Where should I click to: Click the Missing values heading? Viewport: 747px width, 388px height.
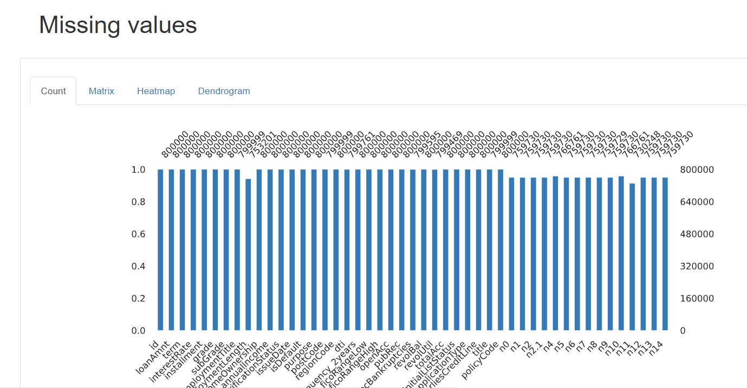click(x=118, y=25)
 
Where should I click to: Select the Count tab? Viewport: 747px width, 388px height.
click(x=53, y=91)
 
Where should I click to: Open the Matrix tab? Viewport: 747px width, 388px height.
click(x=101, y=91)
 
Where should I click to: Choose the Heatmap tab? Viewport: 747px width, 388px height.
click(x=156, y=91)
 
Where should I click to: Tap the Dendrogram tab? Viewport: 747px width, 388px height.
click(x=224, y=91)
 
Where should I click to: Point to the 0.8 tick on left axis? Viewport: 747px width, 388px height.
click(x=139, y=202)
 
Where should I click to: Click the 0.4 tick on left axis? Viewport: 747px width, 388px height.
click(x=139, y=266)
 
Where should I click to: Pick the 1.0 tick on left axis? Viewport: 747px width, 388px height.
click(x=139, y=170)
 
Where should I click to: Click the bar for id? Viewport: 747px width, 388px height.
click(x=160, y=249)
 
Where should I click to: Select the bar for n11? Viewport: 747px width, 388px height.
click(x=632, y=257)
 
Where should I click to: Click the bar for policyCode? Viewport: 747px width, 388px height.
click(x=501, y=249)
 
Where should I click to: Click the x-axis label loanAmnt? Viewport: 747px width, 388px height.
click(x=152, y=357)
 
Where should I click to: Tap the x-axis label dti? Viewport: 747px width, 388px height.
click(x=339, y=345)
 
